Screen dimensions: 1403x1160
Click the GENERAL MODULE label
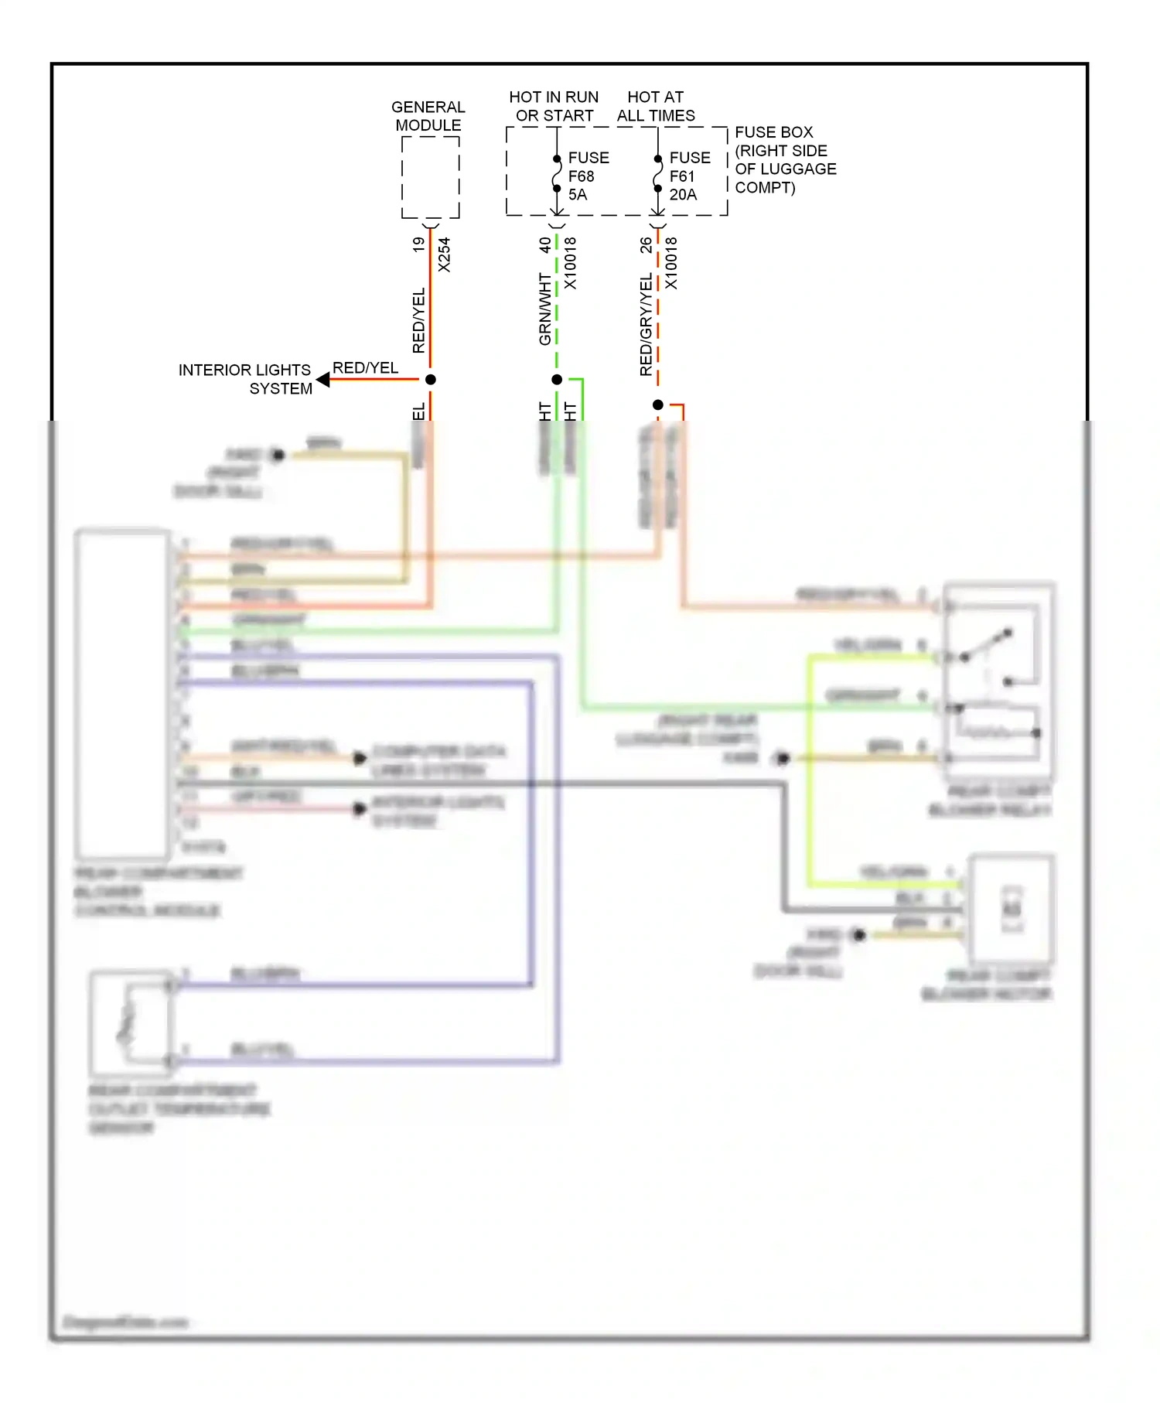pos(428,116)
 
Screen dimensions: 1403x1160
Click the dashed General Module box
pos(431,178)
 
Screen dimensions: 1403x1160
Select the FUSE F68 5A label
pos(588,176)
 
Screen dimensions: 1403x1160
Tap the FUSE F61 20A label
pos(688,176)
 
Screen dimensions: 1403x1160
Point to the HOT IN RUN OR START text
pos(554,107)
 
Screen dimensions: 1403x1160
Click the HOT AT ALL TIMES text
pos(656,107)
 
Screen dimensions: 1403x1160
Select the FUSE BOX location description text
pos(784,160)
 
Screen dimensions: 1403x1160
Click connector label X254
pos(444,254)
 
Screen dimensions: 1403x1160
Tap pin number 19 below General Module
pos(418,244)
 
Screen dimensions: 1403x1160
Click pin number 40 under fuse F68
pos(544,244)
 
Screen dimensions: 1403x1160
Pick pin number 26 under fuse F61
pos(646,245)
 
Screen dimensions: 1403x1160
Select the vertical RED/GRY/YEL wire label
pos(646,325)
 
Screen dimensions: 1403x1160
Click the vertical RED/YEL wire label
pos(418,321)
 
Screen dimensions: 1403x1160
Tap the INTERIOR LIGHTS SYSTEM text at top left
pos(245,379)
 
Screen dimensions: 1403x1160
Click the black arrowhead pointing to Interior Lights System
pos(323,380)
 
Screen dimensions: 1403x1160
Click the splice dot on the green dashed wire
pos(557,380)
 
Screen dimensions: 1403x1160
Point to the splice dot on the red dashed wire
pos(658,405)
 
